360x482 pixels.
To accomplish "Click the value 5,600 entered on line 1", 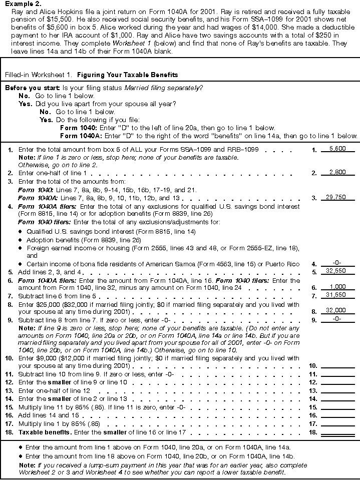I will point(337,149).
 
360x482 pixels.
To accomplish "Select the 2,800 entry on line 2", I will point(337,173).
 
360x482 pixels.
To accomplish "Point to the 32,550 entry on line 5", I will point(337,272).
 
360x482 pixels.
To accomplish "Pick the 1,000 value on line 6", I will point(337,288).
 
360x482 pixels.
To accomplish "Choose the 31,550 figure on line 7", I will point(337,296).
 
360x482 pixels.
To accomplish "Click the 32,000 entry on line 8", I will point(337,310).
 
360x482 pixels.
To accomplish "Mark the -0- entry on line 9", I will point(337,318).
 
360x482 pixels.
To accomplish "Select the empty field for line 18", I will point(337,431).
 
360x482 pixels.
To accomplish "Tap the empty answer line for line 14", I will point(337,399).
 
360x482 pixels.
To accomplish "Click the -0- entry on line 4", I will point(337,263).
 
